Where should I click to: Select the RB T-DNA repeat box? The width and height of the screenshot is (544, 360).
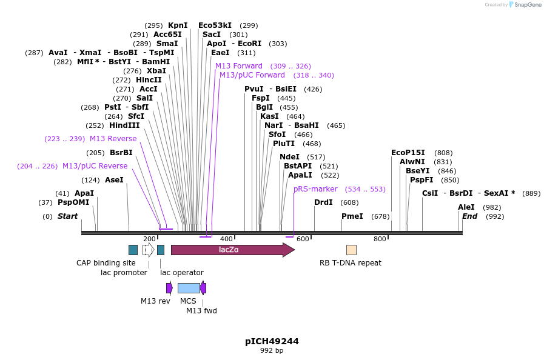[351, 250]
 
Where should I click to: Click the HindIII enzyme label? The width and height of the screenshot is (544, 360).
[124, 125]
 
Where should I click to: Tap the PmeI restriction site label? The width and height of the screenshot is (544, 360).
[352, 216]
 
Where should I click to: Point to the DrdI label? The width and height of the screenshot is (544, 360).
[323, 202]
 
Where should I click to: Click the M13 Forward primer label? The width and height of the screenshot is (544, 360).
[239, 66]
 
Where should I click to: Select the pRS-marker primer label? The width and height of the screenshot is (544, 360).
[315, 189]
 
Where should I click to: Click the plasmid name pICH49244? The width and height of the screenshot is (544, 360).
[272, 341]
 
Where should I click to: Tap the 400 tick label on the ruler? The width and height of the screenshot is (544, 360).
[226, 239]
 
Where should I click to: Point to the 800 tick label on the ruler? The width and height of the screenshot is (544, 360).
[380, 239]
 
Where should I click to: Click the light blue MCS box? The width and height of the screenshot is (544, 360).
[189, 288]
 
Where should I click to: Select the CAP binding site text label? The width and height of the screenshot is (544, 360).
[106, 263]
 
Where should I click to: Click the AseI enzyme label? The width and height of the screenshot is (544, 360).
[114, 180]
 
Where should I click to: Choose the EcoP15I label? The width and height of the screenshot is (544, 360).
[408, 153]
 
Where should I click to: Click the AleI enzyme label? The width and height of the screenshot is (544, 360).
[466, 207]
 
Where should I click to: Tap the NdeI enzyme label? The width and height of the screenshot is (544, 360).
[289, 157]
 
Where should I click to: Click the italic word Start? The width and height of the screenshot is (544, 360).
[67, 216]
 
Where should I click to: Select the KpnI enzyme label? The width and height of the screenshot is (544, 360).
[178, 25]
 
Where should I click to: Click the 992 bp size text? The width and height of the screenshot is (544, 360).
[272, 351]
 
